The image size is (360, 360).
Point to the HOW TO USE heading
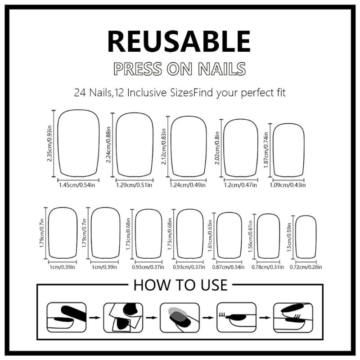click(x=180, y=285)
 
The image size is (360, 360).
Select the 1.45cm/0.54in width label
click(x=79, y=184)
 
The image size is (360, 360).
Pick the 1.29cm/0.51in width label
click(x=134, y=184)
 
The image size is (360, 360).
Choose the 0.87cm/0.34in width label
click(x=229, y=267)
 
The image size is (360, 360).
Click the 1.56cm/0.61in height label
click(x=251, y=236)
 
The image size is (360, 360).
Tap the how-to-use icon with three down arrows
click(x=234, y=317)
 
